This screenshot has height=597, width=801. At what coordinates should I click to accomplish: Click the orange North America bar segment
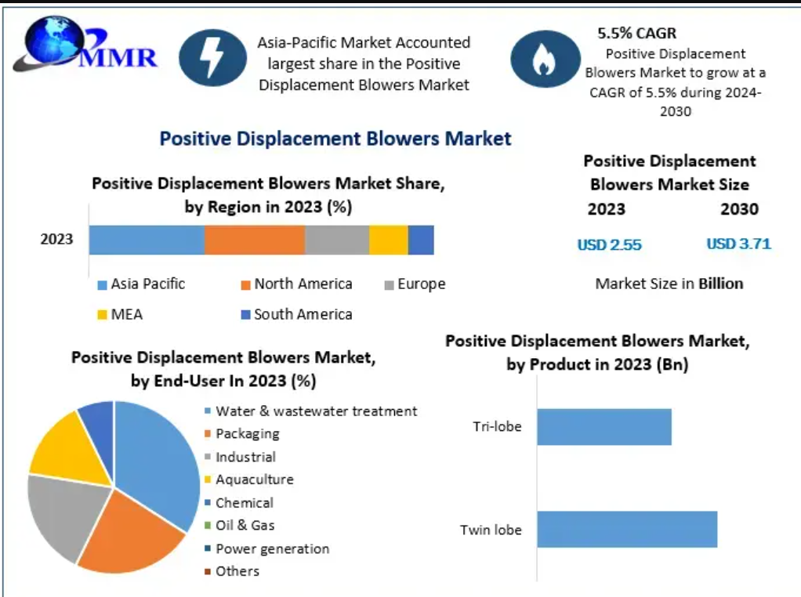click(x=255, y=239)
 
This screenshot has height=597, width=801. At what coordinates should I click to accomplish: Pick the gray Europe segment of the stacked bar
click(x=336, y=239)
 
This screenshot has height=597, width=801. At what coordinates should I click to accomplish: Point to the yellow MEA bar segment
click(x=388, y=239)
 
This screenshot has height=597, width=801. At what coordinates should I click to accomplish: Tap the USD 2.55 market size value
click(x=609, y=244)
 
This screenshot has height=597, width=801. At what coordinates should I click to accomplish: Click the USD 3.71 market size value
click(x=738, y=244)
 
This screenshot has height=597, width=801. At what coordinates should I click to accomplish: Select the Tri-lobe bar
click(x=604, y=426)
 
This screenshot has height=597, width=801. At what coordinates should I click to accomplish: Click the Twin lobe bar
click(x=627, y=529)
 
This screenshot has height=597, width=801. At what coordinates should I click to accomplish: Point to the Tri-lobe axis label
click(x=497, y=427)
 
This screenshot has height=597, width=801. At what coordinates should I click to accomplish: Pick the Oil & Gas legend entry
click(x=245, y=526)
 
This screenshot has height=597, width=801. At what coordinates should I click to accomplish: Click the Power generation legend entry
click(x=272, y=548)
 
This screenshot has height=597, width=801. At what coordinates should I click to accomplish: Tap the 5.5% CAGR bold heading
click(x=636, y=34)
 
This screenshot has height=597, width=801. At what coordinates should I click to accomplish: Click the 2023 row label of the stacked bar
click(x=56, y=239)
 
